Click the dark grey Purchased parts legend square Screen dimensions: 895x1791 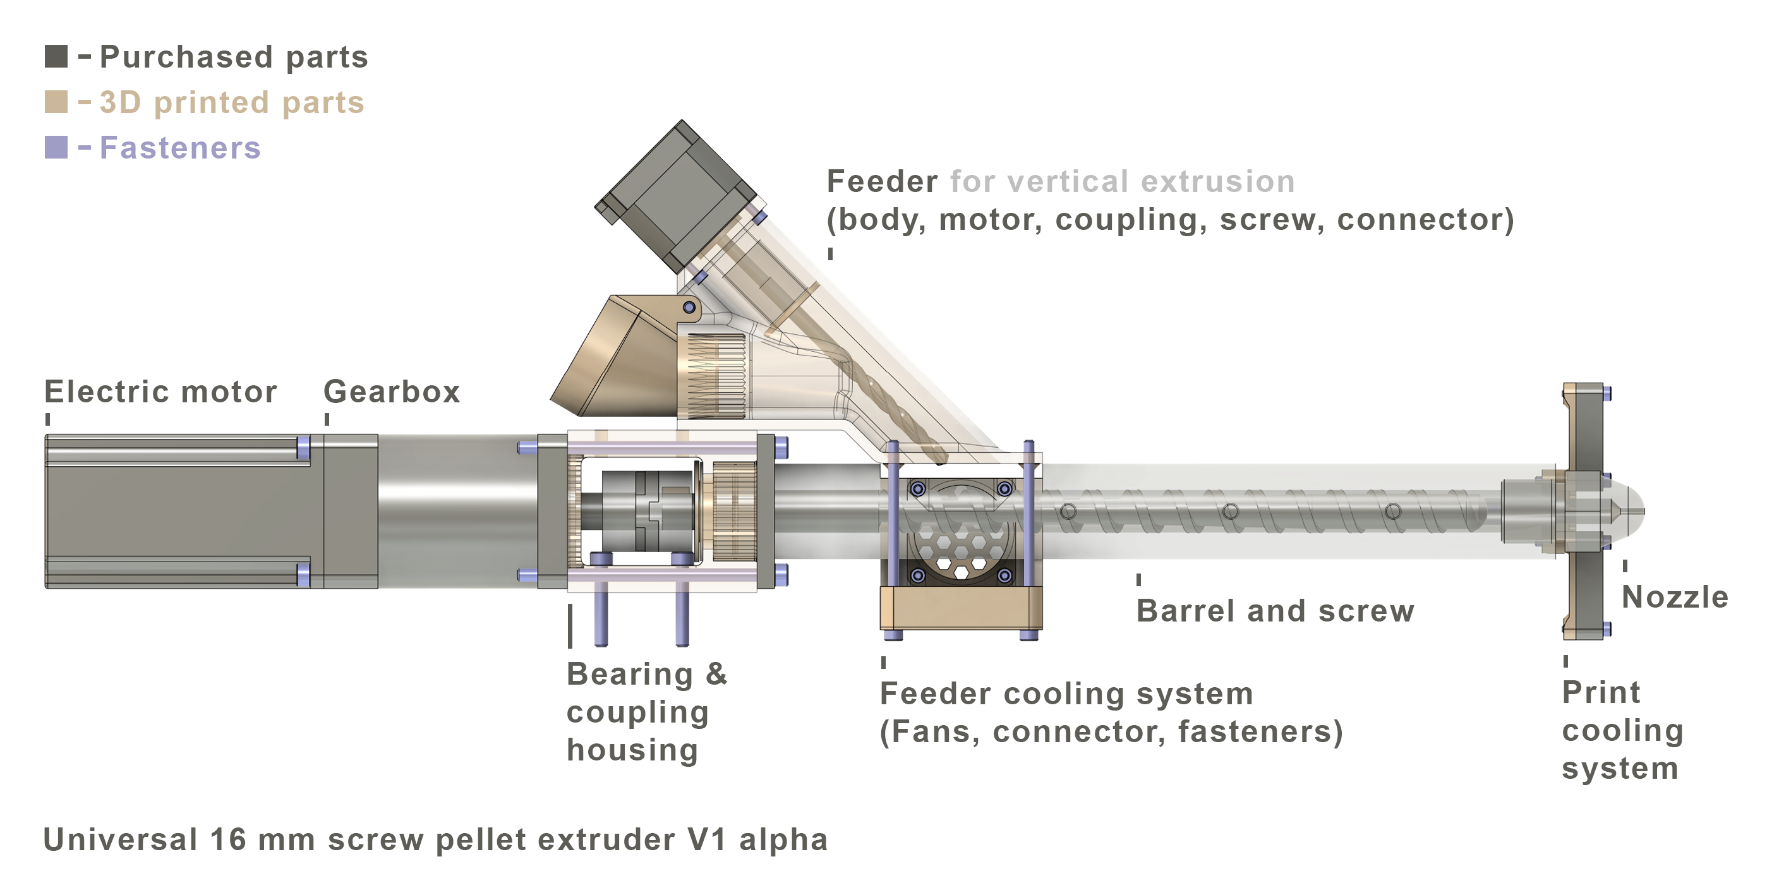click(x=56, y=56)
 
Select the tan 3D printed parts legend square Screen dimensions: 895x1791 click(x=56, y=102)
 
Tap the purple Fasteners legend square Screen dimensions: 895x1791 click(x=56, y=147)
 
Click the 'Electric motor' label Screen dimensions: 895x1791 click(x=160, y=392)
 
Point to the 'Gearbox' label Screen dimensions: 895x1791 click(x=392, y=392)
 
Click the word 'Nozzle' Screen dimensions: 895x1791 click(x=1674, y=598)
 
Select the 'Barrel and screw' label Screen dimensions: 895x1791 click(x=1275, y=611)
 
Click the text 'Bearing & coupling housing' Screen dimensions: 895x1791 click(x=647, y=712)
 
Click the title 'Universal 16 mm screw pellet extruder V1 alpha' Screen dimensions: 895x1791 click(x=436, y=839)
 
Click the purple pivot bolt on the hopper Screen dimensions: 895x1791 click(x=689, y=307)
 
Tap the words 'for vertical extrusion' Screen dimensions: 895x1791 click(x=1122, y=182)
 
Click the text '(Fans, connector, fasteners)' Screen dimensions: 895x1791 click(x=1111, y=731)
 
